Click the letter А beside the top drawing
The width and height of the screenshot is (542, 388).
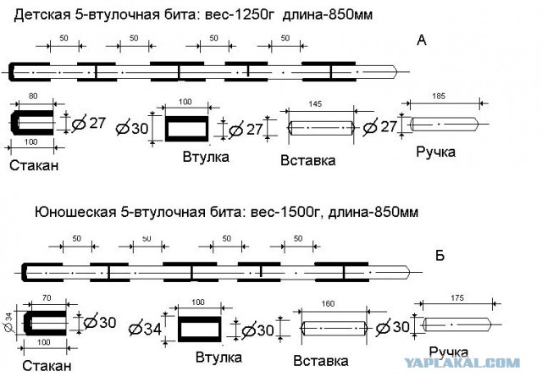point(422,41)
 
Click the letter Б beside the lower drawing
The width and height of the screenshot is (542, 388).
point(440,256)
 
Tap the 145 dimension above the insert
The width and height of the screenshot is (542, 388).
point(315,103)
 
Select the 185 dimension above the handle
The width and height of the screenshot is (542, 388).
point(439,96)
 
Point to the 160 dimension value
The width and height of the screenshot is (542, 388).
point(328,303)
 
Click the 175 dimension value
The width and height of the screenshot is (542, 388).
point(457,297)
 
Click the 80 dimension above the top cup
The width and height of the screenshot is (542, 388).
point(33,96)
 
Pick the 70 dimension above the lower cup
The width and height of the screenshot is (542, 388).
point(46,297)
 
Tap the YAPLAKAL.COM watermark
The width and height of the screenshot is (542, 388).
point(462,363)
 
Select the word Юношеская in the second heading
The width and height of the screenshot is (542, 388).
point(75,212)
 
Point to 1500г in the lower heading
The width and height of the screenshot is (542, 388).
point(301,212)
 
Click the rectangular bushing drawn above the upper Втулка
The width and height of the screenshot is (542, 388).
point(186,129)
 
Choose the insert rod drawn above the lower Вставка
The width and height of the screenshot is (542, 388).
point(335,328)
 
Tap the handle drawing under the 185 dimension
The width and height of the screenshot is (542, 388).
point(445,124)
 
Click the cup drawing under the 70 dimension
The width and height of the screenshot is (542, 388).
point(45,323)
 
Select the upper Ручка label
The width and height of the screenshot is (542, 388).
point(435,152)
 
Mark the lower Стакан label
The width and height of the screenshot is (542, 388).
point(47,365)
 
